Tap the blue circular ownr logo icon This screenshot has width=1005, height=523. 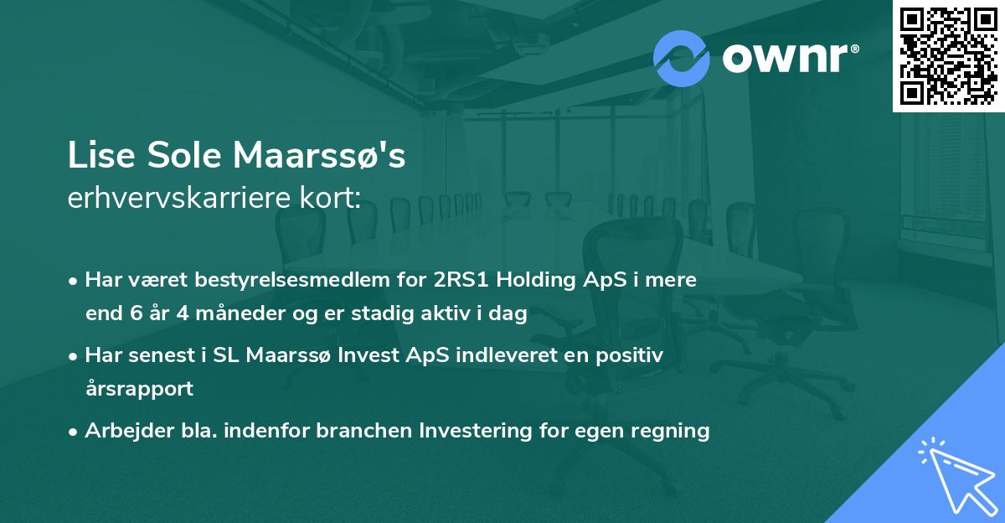[682, 58]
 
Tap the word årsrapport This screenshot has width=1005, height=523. [139, 389]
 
